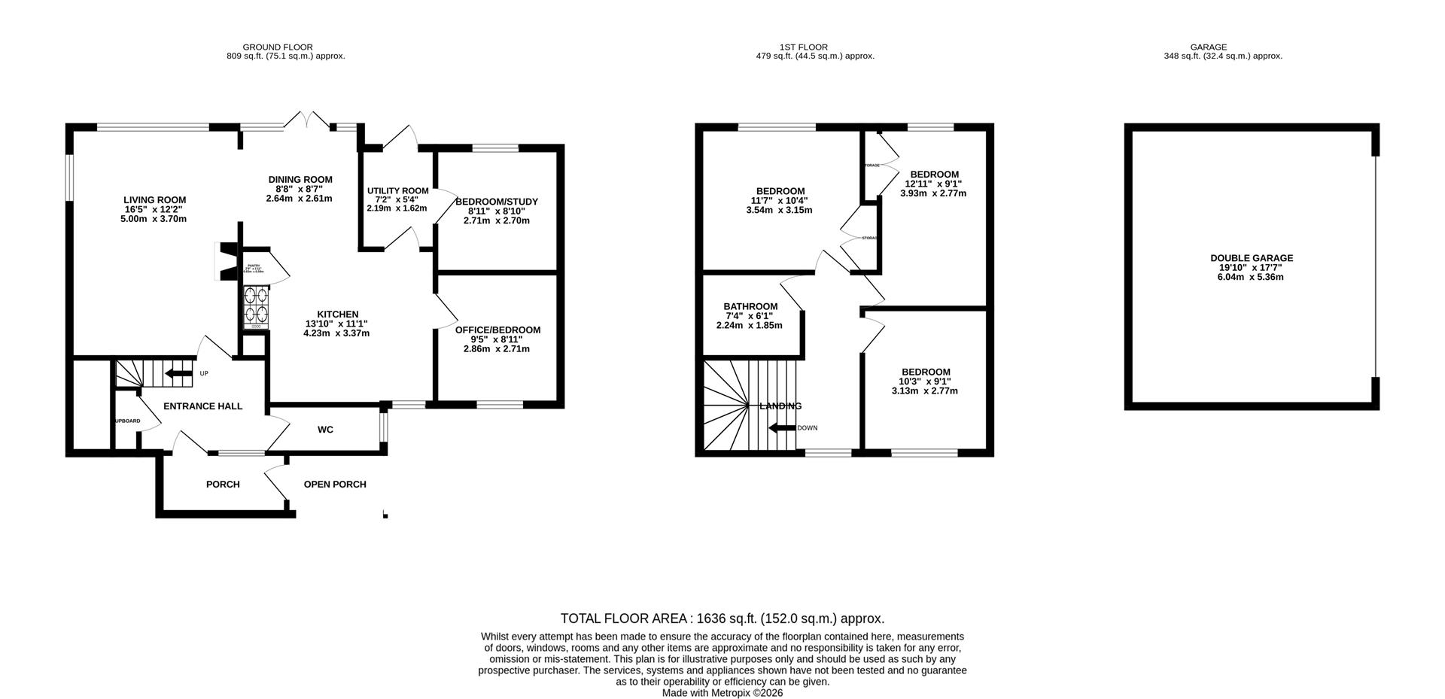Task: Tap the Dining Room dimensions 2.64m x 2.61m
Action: pyautogui.click(x=299, y=199)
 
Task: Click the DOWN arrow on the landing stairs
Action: pyautogui.click(x=781, y=428)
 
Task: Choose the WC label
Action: pyautogui.click(x=325, y=430)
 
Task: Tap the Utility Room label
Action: pyautogui.click(x=397, y=191)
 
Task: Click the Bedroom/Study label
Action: pyautogui.click(x=497, y=202)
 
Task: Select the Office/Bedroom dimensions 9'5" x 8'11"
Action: pyautogui.click(x=497, y=339)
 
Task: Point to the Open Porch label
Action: pyautogui.click(x=335, y=485)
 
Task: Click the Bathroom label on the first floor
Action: pyautogui.click(x=750, y=306)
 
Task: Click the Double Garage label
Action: pyautogui.click(x=1252, y=258)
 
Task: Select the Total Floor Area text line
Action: pyautogui.click(x=722, y=618)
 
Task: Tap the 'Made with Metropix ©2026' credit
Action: pyautogui.click(x=722, y=693)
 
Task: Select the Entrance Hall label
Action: pyautogui.click(x=203, y=406)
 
